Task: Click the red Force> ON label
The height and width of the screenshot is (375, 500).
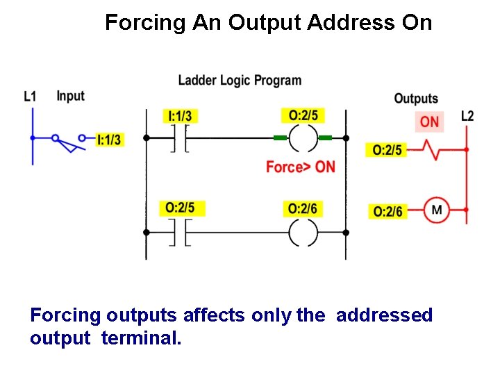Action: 300,167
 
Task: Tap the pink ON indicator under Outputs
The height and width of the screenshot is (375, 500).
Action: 429,122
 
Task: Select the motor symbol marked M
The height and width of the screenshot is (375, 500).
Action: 437,210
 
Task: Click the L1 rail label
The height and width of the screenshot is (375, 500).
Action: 30,97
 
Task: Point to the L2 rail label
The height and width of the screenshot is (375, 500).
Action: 467,115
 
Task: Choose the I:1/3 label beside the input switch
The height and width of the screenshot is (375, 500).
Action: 109,140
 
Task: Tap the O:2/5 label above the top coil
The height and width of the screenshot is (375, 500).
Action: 303,115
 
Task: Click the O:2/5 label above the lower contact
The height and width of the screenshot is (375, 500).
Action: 181,208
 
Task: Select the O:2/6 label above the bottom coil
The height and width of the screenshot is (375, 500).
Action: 303,208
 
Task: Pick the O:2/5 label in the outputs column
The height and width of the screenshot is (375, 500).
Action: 387,149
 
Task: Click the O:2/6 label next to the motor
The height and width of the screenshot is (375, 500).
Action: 387,211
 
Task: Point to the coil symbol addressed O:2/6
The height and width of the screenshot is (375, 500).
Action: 303,233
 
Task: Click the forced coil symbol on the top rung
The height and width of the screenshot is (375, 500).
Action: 303,138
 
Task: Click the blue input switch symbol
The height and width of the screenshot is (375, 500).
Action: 67,142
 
